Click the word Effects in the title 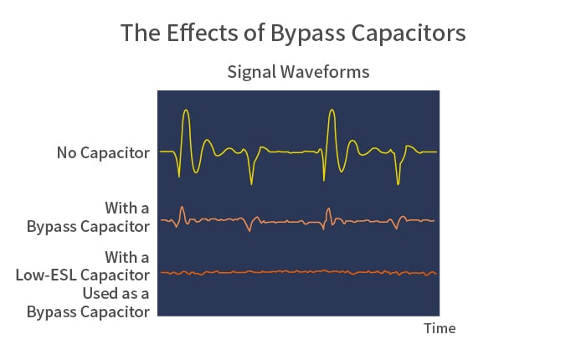tap(203, 33)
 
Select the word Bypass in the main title tap(308, 34)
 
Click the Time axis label tap(439, 328)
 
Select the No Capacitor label tap(103, 153)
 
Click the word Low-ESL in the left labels tap(46, 275)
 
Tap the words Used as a tap(116, 294)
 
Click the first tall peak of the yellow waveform tap(186, 111)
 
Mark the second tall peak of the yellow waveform tap(332, 110)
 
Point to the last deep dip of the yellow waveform tap(398, 183)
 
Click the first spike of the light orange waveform tap(182, 207)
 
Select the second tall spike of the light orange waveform tap(328, 209)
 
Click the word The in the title tap(141, 33)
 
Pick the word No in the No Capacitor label tap(66, 153)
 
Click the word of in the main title tap(254, 33)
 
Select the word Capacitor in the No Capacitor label tap(116, 153)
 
